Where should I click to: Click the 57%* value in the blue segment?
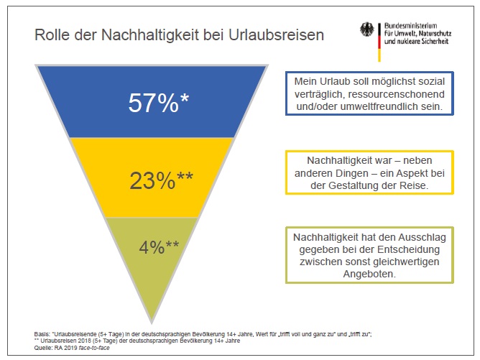(x=158, y=103)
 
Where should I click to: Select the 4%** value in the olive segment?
(x=159, y=247)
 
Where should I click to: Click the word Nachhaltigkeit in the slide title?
(x=149, y=34)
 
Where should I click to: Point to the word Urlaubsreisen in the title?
(x=276, y=34)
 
